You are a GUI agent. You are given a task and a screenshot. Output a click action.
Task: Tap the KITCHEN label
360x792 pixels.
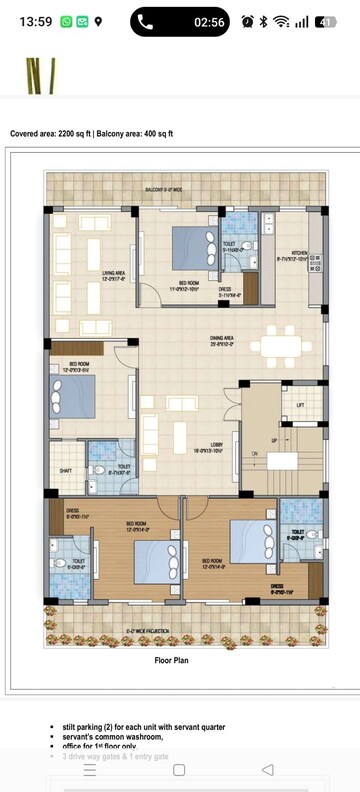tap(298, 253)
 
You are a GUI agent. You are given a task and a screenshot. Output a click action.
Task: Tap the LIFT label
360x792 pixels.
tap(300, 405)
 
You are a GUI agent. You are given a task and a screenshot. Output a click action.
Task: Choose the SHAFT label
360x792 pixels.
tap(65, 470)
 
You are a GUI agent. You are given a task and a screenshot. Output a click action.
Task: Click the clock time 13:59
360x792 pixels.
tap(35, 21)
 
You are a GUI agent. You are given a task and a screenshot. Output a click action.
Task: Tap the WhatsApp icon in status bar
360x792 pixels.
tap(66, 21)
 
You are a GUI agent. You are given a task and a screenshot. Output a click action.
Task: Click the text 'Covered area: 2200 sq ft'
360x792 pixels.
tap(56, 133)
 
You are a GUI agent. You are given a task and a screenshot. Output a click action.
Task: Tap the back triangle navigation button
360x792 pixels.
tap(267, 770)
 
